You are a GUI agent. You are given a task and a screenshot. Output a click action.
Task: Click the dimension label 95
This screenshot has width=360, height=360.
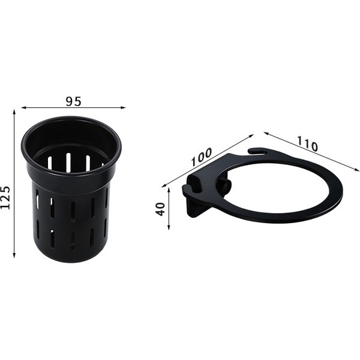pos(73,101)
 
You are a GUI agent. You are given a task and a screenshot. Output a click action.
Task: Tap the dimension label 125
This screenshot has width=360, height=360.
pos(5,197)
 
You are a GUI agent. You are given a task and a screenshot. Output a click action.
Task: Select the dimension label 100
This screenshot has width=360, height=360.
pos(202,157)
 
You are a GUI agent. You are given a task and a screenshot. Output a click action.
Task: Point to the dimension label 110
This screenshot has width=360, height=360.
pos(307,144)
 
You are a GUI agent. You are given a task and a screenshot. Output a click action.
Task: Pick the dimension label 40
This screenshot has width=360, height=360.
pos(160,209)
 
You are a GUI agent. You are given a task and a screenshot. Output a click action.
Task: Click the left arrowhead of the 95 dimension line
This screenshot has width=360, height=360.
pos(23,107)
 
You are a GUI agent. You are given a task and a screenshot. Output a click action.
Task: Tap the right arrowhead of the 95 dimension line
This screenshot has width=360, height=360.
pos(123,107)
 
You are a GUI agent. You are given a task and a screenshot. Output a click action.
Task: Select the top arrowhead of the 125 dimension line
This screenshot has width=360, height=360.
pos(14,112)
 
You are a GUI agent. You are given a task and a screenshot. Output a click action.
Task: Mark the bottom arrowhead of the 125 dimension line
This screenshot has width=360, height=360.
pos(14,255)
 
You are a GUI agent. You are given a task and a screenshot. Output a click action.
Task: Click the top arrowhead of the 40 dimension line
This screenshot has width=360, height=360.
pos(169,191)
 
